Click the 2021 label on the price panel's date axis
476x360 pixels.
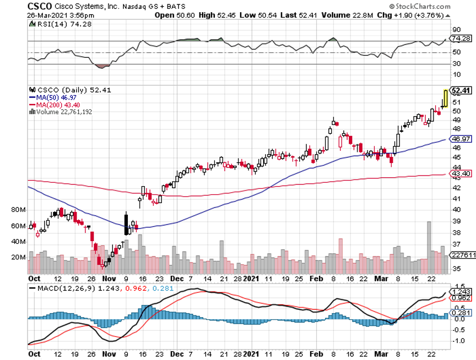tap(251, 279)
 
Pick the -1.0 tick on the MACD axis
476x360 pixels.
tap(456, 340)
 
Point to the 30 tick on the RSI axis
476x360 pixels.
tap(456, 64)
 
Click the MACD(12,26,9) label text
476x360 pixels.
tap(62, 287)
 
